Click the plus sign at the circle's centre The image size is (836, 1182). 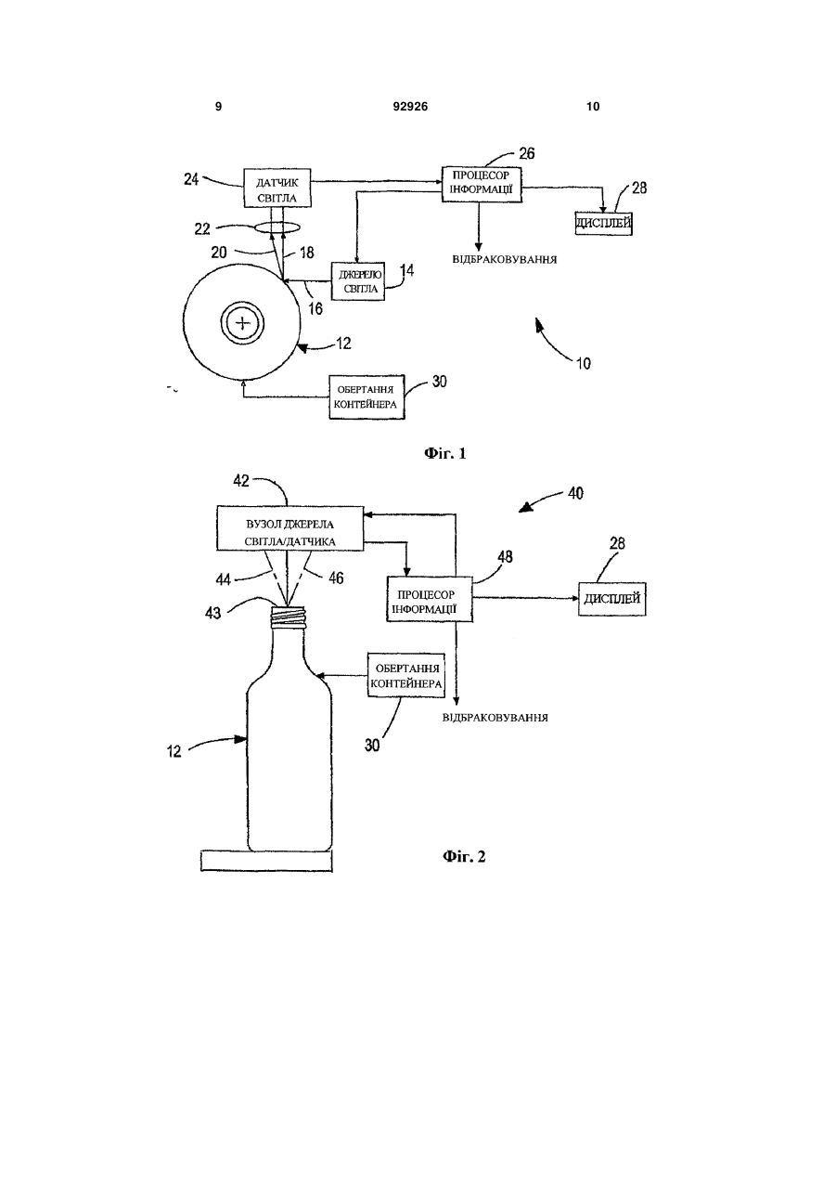pyautogui.click(x=242, y=322)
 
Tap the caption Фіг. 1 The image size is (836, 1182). pyautogui.click(x=445, y=453)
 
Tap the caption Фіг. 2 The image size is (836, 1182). pyautogui.click(x=464, y=856)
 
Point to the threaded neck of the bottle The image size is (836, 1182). pyautogui.click(x=288, y=617)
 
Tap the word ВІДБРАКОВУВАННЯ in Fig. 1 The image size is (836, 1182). pyautogui.click(x=505, y=260)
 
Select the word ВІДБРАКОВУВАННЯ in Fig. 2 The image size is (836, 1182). pyautogui.click(x=495, y=718)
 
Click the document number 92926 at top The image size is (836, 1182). pyautogui.click(x=410, y=107)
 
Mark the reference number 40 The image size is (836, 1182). pyautogui.click(x=575, y=493)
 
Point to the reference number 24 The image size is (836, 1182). pyautogui.click(x=191, y=179)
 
